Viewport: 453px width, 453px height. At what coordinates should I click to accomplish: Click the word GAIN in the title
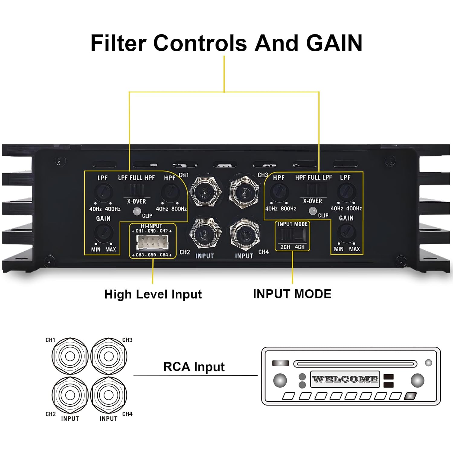(x=334, y=43)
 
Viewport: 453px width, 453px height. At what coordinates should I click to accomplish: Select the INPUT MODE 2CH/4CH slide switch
(x=292, y=234)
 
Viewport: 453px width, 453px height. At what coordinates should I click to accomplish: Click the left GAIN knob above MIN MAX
(x=104, y=232)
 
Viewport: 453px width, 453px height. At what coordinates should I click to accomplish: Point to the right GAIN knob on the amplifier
(x=346, y=232)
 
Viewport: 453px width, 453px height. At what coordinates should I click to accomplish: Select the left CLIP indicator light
(x=137, y=211)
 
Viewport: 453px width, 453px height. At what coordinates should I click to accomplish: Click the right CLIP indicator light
(x=313, y=211)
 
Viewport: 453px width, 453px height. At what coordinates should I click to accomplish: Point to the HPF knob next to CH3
(x=279, y=191)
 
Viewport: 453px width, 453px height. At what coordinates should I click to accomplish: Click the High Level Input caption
(x=153, y=294)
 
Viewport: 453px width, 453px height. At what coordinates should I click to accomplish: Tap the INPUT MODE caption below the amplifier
(x=292, y=294)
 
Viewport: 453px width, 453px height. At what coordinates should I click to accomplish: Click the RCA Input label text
(x=194, y=367)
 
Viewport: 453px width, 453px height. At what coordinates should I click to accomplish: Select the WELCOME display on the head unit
(x=345, y=379)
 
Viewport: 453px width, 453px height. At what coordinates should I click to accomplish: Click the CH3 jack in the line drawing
(x=109, y=356)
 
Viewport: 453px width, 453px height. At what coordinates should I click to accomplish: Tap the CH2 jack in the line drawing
(x=70, y=394)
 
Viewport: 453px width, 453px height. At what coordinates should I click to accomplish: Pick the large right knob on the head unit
(x=417, y=381)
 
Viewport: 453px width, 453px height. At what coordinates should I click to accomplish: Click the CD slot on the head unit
(x=355, y=364)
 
